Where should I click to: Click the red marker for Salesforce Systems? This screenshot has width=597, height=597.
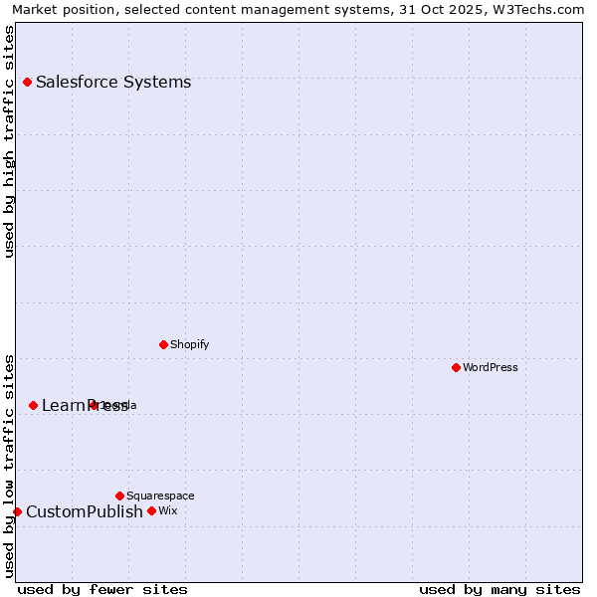(x=27, y=82)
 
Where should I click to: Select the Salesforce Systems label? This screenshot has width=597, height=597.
(x=113, y=82)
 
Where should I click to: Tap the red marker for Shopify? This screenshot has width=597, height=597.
(x=163, y=344)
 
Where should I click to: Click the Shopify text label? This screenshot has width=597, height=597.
(x=189, y=344)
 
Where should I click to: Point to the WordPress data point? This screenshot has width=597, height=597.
(x=456, y=367)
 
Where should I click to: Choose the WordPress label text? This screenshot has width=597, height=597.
(x=490, y=367)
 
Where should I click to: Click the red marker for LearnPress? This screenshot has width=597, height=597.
(x=33, y=405)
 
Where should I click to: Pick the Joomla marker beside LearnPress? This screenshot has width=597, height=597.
(x=94, y=405)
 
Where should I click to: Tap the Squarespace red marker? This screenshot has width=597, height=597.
(x=119, y=496)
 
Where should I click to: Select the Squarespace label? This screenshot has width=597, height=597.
(x=160, y=496)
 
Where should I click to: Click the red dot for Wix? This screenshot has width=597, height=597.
(x=151, y=510)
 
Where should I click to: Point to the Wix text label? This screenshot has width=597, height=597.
(x=167, y=510)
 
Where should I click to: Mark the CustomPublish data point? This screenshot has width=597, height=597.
(x=17, y=511)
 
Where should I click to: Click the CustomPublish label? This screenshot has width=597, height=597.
(x=85, y=511)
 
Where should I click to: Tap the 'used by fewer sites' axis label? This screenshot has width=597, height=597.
(x=102, y=589)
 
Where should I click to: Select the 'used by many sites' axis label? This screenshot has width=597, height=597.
(x=499, y=589)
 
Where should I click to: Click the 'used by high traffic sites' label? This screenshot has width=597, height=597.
(x=10, y=140)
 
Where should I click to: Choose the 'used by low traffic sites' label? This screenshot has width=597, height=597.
(x=10, y=465)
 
